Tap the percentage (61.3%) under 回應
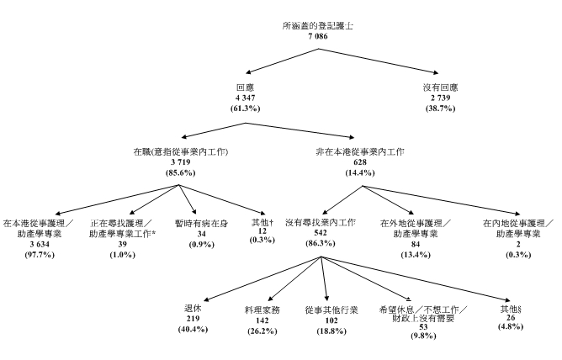(x=247, y=110)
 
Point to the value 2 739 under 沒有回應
(x=441, y=98)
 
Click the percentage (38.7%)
(x=441, y=110)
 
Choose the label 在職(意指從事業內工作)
(x=181, y=151)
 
